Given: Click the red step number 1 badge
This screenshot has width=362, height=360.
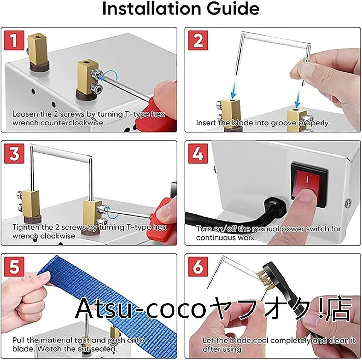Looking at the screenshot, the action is click(x=14, y=41).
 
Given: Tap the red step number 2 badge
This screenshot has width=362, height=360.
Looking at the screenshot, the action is click(x=198, y=41).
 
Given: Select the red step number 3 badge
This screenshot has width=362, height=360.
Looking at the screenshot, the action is click(x=14, y=154).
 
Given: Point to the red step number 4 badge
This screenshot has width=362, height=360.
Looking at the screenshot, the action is click(x=198, y=154).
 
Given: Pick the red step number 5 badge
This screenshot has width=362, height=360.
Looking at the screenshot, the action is click(x=14, y=267).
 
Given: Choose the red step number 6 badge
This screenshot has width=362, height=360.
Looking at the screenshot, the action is click(x=198, y=267).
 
